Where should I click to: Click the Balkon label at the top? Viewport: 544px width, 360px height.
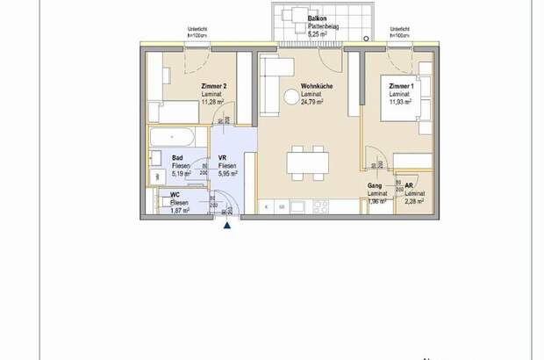click(x=319, y=19)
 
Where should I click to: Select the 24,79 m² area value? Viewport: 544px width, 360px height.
click(x=312, y=102)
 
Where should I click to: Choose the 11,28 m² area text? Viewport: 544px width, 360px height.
click(x=214, y=102)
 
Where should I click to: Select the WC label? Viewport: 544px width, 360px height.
click(x=175, y=195)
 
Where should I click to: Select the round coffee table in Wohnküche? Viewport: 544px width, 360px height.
click(x=290, y=98)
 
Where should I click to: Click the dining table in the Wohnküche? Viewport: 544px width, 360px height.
click(x=307, y=162)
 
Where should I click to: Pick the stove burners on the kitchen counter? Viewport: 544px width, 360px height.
click(x=320, y=207)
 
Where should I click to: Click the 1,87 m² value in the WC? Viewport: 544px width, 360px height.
click(x=180, y=209)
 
